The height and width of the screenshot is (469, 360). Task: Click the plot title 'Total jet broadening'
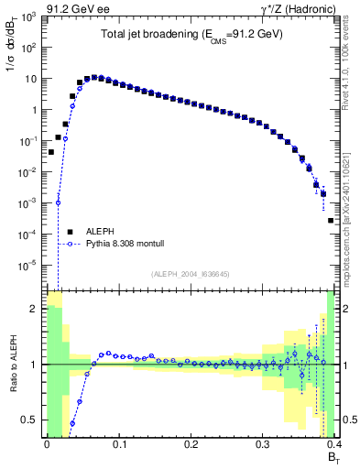pos(191,34)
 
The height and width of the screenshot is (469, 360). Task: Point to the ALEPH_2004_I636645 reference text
pos(191,274)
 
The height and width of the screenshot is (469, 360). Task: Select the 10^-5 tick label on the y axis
pos(30,266)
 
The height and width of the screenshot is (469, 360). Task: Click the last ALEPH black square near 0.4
pos(331,220)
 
